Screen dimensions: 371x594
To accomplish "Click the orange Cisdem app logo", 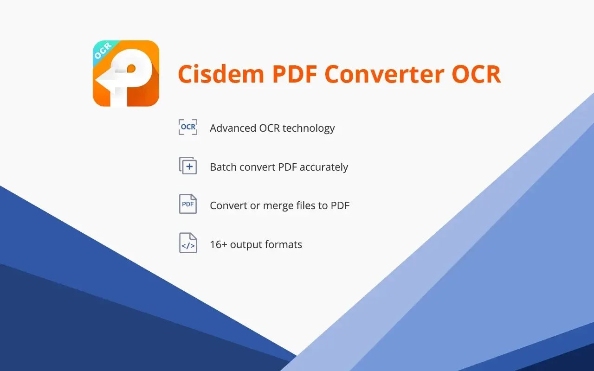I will [126, 74].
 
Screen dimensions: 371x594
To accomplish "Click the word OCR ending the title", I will [478, 74].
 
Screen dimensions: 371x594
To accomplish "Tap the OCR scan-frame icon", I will [188, 127].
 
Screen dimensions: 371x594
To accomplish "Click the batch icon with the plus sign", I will [188, 166].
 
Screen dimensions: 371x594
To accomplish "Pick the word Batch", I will [223, 167].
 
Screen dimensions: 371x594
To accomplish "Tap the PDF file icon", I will [188, 204].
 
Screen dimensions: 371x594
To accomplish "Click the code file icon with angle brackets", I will [188, 243].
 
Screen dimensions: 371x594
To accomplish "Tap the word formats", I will [284, 244].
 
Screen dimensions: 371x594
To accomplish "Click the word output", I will [246, 245].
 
